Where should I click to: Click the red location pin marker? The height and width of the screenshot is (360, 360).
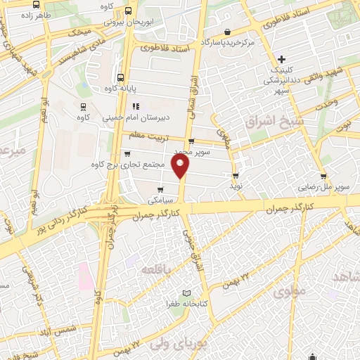coord(181,166)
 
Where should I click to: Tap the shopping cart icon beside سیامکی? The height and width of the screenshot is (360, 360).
coord(161,189)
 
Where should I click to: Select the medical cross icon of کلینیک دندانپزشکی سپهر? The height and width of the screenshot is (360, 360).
coord(281,59)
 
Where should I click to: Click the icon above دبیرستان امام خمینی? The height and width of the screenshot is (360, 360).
coord(136,107)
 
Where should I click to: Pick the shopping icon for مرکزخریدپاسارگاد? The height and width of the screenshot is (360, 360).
coord(227,32)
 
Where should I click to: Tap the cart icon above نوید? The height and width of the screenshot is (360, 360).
coord(236,176)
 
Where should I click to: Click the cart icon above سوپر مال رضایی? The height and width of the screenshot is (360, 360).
coord(323,176)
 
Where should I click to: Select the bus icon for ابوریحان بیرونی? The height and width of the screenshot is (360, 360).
coord(128,11)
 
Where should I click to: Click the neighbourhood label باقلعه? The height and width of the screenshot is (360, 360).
coord(155,269)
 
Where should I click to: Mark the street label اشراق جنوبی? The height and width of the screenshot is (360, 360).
coord(194,246)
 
